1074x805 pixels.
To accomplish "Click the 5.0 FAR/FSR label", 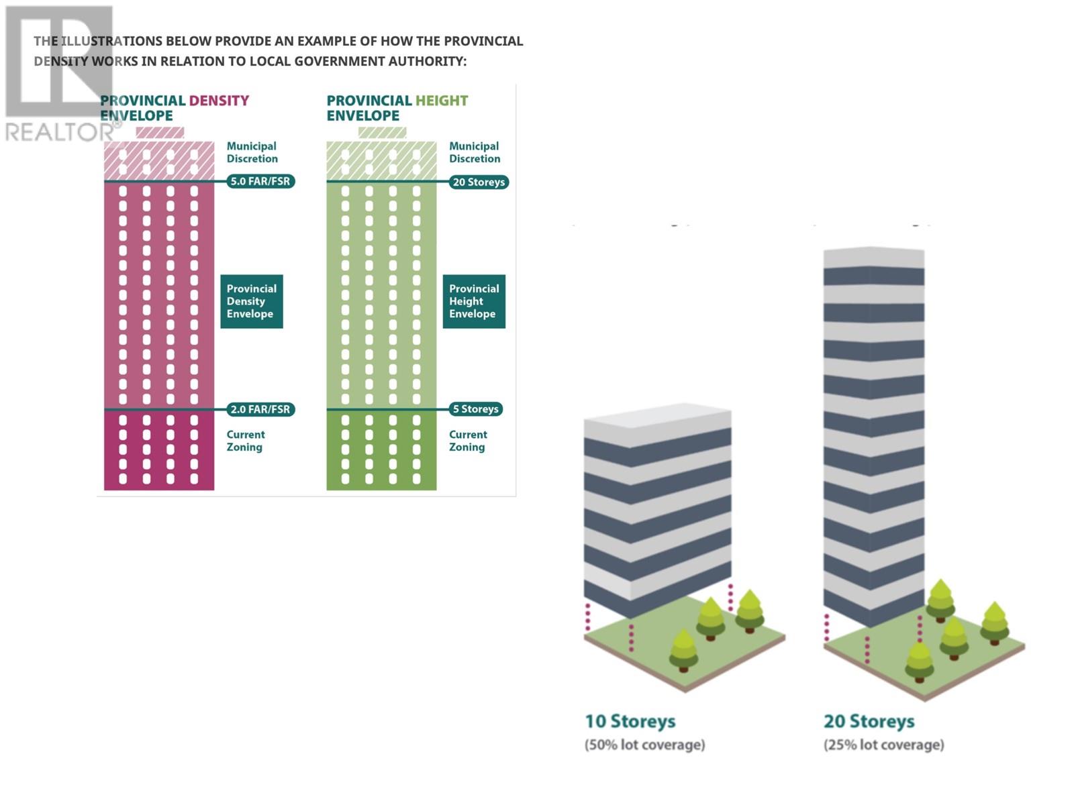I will click(x=260, y=181).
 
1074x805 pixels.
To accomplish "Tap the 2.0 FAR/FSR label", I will click(x=260, y=409).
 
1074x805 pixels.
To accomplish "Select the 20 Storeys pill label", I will click(x=479, y=182).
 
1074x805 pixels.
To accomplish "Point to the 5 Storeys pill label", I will click(x=476, y=409).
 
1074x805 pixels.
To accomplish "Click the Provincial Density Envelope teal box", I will click(x=252, y=301).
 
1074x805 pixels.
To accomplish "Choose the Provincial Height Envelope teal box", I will click(x=474, y=301).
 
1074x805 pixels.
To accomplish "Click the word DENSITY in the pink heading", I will click(x=219, y=101).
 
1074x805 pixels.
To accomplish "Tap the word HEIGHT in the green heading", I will click(x=442, y=101).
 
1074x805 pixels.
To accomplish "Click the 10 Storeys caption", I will click(x=630, y=721).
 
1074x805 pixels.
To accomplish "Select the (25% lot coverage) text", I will click(x=884, y=745).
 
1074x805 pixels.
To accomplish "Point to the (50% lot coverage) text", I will click(x=645, y=745).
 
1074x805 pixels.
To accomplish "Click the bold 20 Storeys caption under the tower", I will click(x=869, y=721).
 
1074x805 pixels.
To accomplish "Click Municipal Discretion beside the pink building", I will click(x=252, y=152).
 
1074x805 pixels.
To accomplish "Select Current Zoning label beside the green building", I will click(x=468, y=441).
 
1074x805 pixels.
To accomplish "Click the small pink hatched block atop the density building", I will click(x=160, y=132).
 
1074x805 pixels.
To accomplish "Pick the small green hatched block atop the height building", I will click(x=382, y=132).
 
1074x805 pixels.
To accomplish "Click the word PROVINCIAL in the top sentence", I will click(x=483, y=41).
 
